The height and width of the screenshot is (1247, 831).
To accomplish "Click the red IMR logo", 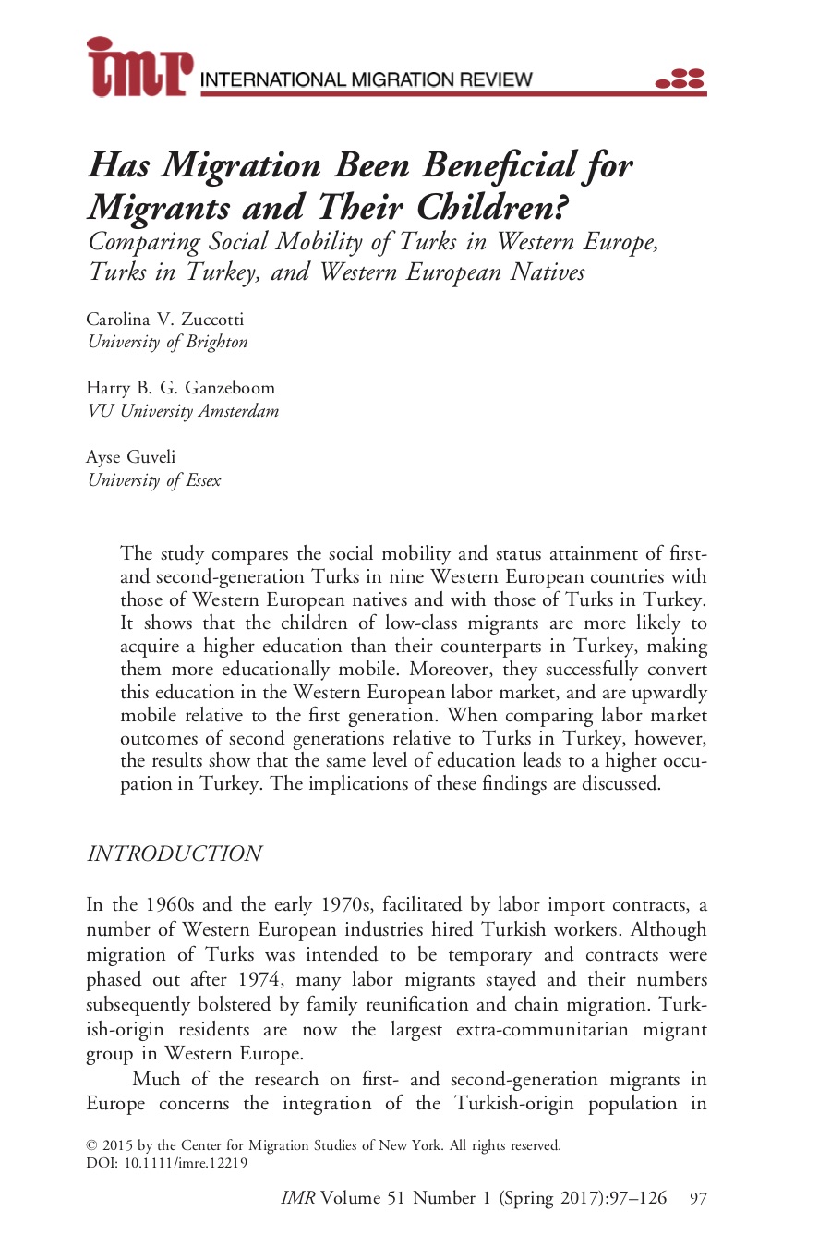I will click(x=139, y=67).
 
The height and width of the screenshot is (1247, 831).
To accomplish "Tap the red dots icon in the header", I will click(x=680, y=79).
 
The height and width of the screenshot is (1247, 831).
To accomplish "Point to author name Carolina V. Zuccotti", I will click(x=165, y=320).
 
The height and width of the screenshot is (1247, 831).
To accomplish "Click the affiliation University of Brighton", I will click(x=168, y=342).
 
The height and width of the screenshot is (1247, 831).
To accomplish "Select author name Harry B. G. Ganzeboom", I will click(x=181, y=388).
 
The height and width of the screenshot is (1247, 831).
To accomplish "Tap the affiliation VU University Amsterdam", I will click(x=183, y=411).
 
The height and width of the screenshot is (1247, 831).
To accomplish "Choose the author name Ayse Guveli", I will click(x=131, y=457).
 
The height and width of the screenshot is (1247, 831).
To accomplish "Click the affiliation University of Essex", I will click(x=154, y=480).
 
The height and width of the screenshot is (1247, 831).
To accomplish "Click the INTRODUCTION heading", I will click(x=175, y=854).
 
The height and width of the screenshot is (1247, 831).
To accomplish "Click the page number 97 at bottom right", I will click(x=699, y=1199).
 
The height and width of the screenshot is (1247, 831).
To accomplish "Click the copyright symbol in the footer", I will click(x=91, y=1146).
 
